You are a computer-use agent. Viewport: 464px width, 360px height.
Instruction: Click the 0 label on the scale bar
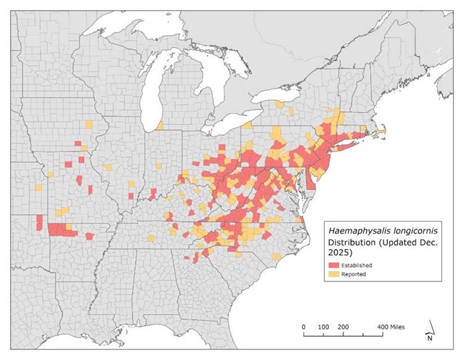click(304, 327)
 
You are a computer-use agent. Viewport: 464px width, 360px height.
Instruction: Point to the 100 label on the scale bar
click(324, 327)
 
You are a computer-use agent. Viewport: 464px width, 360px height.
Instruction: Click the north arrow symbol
click(430, 328)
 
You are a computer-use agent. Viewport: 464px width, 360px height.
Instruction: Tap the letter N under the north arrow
click(430, 339)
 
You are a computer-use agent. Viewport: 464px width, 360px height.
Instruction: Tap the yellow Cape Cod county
click(381, 130)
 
